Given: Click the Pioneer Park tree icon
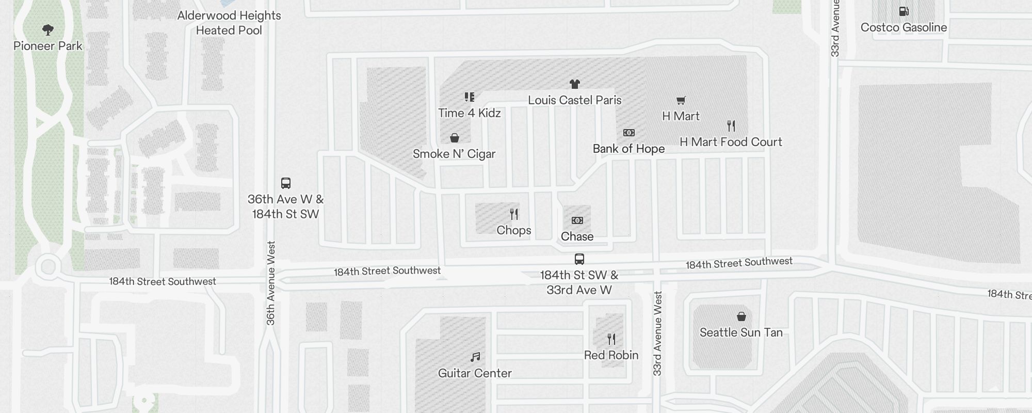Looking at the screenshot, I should [x=48, y=30].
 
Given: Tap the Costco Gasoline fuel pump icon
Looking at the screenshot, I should [x=904, y=11].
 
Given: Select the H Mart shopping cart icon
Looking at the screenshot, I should [x=681, y=100].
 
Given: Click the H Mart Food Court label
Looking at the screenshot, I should [x=731, y=142].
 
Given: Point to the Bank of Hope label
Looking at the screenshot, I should [x=628, y=149].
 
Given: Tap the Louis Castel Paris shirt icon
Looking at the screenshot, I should [x=574, y=84].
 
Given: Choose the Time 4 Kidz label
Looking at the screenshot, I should [x=469, y=113].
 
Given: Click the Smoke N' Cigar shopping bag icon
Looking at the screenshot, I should [x=454, y=138].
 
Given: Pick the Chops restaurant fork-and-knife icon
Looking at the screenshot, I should [x=514, y=214].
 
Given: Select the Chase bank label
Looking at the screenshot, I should [x=577, y=236].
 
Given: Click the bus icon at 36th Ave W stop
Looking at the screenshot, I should [x=285, y=183].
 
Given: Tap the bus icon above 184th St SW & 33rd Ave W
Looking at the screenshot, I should [x=579, y=259].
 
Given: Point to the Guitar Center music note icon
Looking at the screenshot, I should [x=475, y=357].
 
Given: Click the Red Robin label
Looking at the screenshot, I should [x=611, y=355].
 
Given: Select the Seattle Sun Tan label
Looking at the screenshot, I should [x=741, y=332].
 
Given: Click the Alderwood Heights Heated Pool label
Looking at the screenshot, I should [x=229, y=23].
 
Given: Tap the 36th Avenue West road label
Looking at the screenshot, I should [x=271, y=283].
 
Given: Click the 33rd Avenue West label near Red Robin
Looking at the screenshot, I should [x=657, y=333].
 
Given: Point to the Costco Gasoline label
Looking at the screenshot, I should [x=904, y=28].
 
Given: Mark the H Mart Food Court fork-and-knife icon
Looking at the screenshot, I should [x=731, y=125].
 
